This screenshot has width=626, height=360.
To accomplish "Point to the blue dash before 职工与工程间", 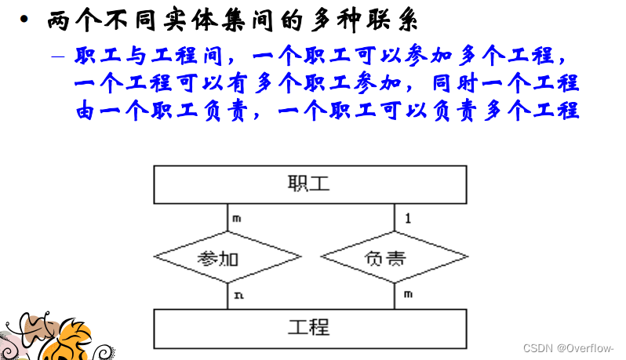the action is [59, 57].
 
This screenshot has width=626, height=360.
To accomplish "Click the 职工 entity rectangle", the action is [309, 185].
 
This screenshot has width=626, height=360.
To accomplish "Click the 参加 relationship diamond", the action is [227, 256].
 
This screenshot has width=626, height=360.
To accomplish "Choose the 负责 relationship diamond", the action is [395, 256].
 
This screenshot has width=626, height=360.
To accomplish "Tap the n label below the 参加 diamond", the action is [237, 295].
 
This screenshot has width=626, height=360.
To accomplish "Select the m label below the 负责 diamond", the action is [408, 295].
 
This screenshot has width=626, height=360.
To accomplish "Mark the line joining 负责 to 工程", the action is [395, 296].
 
